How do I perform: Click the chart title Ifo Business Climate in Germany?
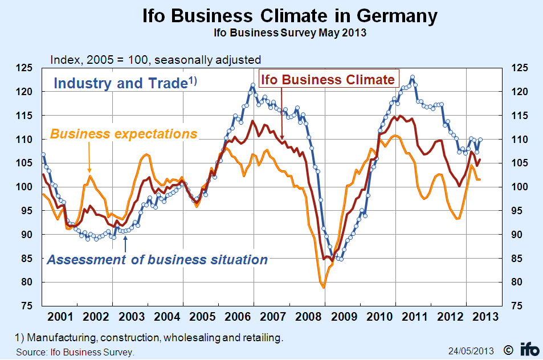[x=289, y=15]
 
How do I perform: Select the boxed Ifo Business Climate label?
[x=328, y=79]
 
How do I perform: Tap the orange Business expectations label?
[x=124, y=134]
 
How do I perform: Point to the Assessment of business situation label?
[x=157, y=260]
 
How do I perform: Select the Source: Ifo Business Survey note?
[x=75, y=352]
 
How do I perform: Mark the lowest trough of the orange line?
[x=324, y=288]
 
